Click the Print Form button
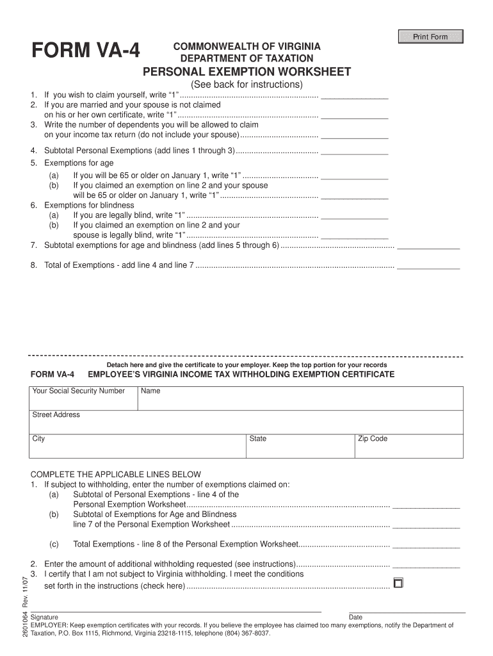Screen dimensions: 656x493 pyautogui.click(x=430, y=37)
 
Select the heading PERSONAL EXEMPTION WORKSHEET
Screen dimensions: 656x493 pyautogui.click(x=247, y=72)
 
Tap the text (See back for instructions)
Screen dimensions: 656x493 pyautogui.click(x=247, y=85)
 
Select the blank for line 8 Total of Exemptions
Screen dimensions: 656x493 pyautogui.click(x=428, y=265)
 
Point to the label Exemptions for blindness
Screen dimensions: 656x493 pyautogui.click(x=80, y=205)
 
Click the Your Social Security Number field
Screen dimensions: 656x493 pyautogui.click(x=83, y=399)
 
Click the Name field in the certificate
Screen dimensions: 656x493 pyautogui.click(x=300, y=399)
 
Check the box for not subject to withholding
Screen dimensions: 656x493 pyautogui.click(x=398, y=583)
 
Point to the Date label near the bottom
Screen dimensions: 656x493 pyautogui.click(x=355, y=618)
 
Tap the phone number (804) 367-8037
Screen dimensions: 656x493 pyautogui.click(x=247, y=633)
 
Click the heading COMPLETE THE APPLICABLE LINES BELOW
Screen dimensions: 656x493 pyautogui.click(x=116, y=475)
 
